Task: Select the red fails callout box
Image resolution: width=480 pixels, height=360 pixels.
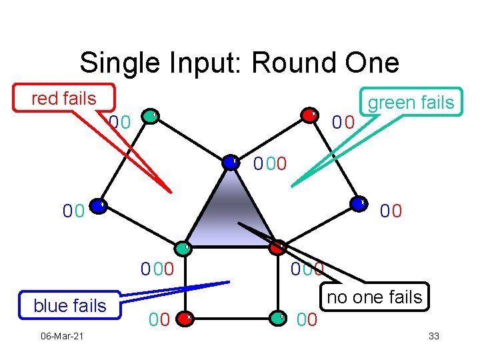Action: (64, 99)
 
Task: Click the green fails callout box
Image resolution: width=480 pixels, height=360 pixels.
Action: (411, 103)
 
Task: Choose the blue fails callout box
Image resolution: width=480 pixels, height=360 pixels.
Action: (70, 305)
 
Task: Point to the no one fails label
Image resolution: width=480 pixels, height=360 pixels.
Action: (375, 297)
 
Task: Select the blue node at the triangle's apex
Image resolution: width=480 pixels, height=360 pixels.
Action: (231, 162)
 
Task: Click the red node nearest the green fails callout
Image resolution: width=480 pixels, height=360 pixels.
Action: (309, 115)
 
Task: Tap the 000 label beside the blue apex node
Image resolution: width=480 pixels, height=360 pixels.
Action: (270, 163)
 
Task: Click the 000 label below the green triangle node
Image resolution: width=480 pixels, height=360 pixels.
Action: (157, 270)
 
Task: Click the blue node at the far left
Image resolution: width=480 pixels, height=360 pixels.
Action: (97, 206)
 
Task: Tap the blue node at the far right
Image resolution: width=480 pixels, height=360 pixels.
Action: (359, 204)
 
